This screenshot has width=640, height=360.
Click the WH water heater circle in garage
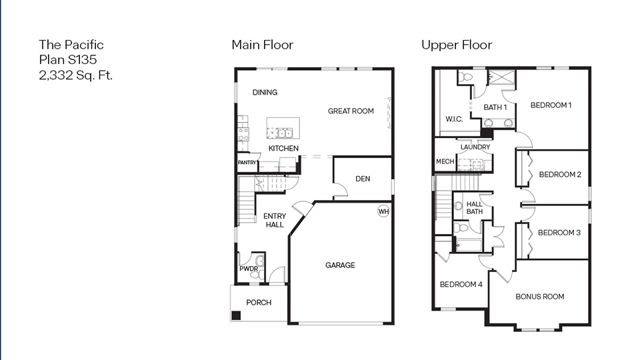coord(383,211)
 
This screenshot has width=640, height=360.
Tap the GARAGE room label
coord(340,265)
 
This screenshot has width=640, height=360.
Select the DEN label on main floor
coord(363,179)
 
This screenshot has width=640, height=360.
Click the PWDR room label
coord(249,269)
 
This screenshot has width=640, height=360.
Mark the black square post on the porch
coord(236,317)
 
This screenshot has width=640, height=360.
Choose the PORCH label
coord(259,303)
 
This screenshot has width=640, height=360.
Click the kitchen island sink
coord(283,132)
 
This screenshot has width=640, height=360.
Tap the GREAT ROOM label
coord(351,111)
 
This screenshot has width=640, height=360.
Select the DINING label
coord(265,93)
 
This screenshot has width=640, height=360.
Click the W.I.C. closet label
coord(455,119)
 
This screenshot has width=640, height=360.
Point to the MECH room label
coord(445,162)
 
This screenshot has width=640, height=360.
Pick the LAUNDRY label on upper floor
coord(475,147)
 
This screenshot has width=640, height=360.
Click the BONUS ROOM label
coord(540,297)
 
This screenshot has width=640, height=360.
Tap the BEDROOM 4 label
coord(461,285)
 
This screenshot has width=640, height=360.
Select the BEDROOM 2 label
coord(560,175)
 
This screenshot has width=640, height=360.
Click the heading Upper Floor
coord(456,45)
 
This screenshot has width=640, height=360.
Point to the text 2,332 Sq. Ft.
coord(75,75)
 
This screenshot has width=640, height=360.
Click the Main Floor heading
coord(262,45)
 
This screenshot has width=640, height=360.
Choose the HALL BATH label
coord(474,208)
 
